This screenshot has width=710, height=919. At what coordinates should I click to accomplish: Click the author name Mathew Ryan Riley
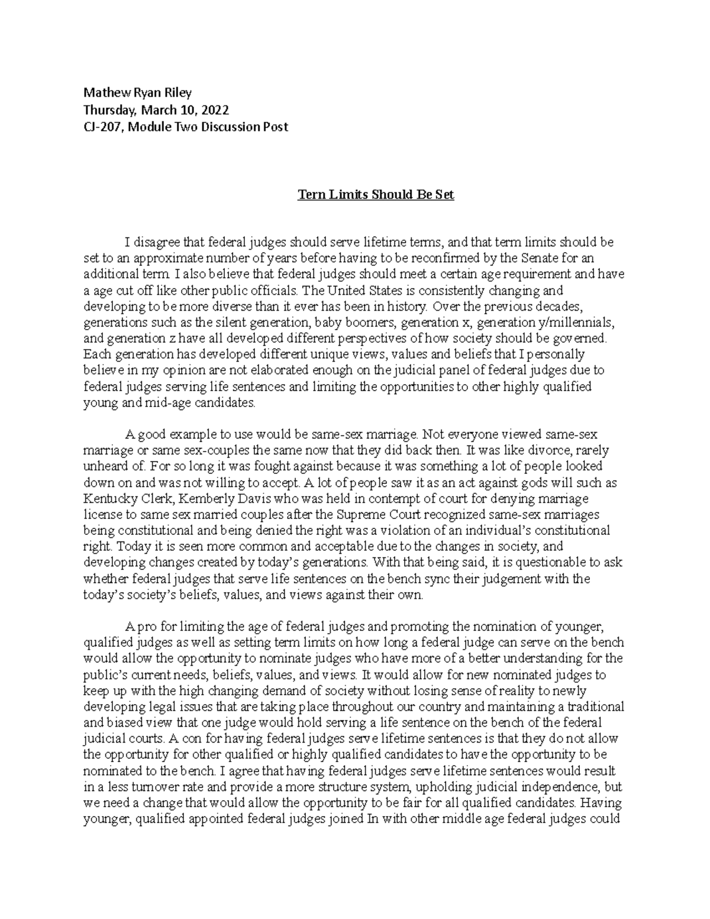point(137,92)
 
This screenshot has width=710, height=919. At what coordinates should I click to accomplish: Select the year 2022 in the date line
point(215,109)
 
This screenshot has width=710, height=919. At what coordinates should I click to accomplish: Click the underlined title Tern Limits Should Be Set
point(375,195)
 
